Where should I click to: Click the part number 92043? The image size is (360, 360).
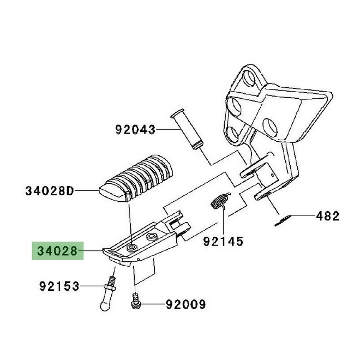coord(135,130)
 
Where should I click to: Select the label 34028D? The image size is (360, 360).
coord(50,191)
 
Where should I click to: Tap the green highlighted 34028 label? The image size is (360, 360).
coord(58,251)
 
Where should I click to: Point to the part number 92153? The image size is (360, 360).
coord(59,286)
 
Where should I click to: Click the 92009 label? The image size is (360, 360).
coord(186,305)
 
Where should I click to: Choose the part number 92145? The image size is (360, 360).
coord(223,241)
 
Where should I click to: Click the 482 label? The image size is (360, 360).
coord(328,216)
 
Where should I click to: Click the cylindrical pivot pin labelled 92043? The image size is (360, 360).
coord(187,129)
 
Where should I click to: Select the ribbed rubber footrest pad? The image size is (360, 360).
coord(136,178)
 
